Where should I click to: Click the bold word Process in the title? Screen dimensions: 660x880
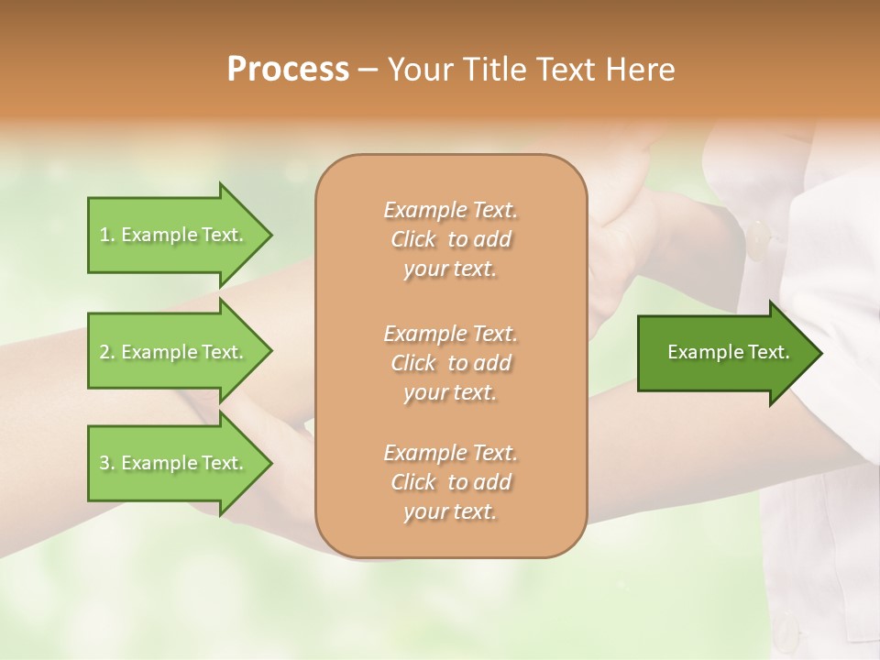coord(288,69)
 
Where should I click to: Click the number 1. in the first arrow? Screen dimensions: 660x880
coord(106,235)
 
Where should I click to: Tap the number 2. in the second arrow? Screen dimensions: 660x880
coord(106,352)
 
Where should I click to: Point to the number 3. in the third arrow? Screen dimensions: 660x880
coord(106,463)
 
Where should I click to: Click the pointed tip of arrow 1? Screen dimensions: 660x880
coord(269,235)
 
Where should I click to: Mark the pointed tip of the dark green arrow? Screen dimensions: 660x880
coord(819,353)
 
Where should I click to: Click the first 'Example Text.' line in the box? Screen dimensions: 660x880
coord(450,210)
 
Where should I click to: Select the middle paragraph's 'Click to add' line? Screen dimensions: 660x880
coord(450,363)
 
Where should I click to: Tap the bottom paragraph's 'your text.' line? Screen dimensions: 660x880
coord(450,512)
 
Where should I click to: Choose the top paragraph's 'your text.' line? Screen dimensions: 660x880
coord(450,269)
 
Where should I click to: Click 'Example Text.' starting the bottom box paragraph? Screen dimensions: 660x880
coord(450,453)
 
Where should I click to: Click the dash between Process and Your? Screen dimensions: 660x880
coord(368,70)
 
